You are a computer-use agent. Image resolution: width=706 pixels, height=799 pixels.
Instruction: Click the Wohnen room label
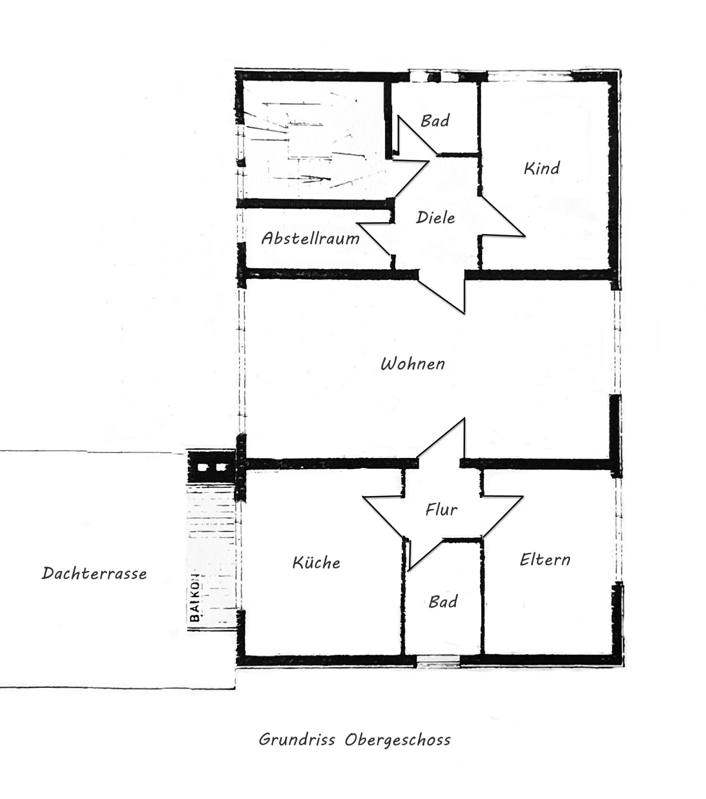tap(413, 364)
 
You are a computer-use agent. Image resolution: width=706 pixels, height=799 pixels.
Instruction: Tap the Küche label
tap(316, 563)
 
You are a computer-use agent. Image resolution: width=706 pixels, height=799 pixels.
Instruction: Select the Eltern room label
tap(545, 560)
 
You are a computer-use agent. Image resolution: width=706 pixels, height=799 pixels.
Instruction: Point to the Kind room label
tap(542, 169)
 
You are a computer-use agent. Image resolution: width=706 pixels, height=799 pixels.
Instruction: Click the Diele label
tap(435, 218)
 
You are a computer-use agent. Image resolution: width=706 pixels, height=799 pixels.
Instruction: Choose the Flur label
tap(441, 509)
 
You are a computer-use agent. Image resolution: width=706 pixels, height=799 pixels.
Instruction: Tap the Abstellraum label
tap(310, 238)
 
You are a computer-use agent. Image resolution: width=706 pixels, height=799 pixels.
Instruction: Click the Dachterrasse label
tap(94, 574)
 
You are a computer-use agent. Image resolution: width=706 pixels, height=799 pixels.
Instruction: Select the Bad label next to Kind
tap(435, 121)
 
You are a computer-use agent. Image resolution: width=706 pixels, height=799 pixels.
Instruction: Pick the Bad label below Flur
tap(443, 602)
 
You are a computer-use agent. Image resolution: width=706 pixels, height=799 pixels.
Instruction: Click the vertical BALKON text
tap(194, 598)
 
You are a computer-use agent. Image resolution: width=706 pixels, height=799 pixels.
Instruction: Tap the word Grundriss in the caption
tap(297, 739)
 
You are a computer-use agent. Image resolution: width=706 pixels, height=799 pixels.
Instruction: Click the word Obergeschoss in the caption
tap(398, 740)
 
